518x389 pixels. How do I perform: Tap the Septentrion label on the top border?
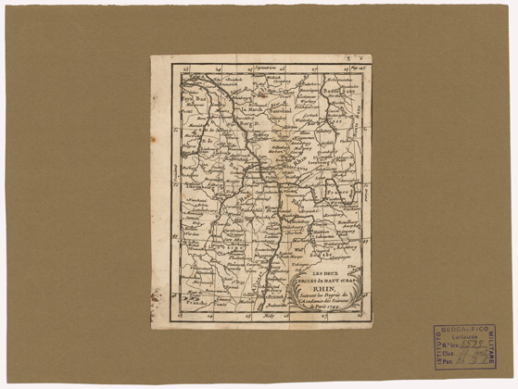tap(268, 68)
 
